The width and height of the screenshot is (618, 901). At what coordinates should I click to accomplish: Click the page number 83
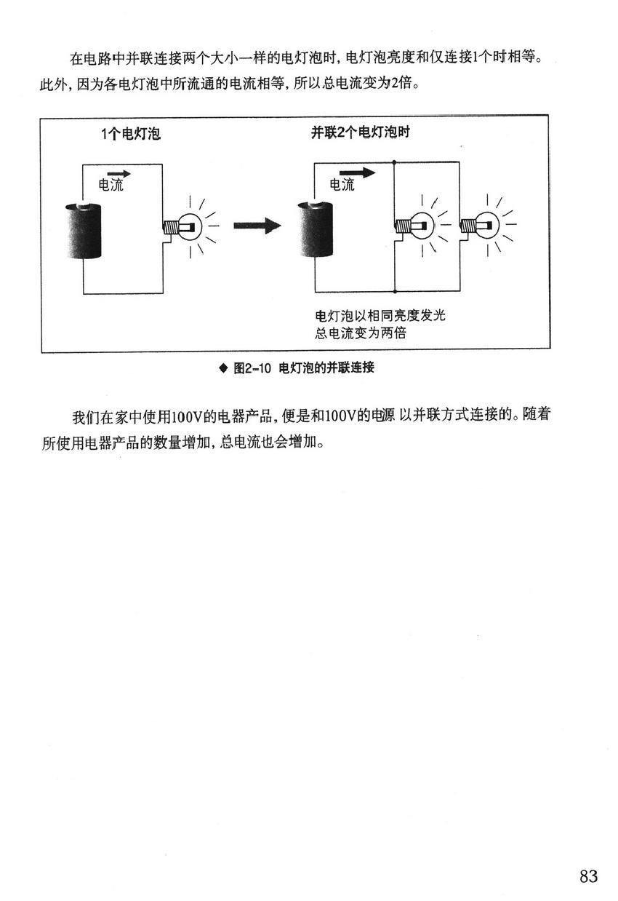tap(588, 876)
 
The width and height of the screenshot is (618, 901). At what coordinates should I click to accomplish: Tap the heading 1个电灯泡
tap(131, 134)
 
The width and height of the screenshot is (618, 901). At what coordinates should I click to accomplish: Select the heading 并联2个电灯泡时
tap(360, 132)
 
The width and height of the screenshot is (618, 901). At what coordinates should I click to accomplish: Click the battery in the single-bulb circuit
tap(83, 231)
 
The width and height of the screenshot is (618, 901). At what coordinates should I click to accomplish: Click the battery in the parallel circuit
tap(315, 229)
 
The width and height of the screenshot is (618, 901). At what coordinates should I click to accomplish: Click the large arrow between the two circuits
tap(257, 226)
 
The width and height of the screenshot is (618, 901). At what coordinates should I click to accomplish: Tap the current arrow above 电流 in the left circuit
tap(119, 174)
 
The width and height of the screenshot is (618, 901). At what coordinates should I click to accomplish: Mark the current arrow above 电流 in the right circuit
tap(357, 173)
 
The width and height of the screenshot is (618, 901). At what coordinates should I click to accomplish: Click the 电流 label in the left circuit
tap(111, 185)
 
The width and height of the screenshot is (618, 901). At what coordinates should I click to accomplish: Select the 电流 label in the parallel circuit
tap(342, 185)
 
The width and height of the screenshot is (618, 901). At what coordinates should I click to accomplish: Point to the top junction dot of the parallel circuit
tap(394, 162)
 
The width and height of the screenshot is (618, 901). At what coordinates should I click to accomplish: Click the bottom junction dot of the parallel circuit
tap(395, 291)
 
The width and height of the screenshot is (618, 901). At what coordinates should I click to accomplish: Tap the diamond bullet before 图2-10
tap(223, 368)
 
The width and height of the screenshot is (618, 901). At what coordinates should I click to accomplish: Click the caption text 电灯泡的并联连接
tap(326, 368)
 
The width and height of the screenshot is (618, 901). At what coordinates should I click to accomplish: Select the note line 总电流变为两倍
tap(361, 333)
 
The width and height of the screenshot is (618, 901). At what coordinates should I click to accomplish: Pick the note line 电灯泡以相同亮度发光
tap(380, 315)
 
